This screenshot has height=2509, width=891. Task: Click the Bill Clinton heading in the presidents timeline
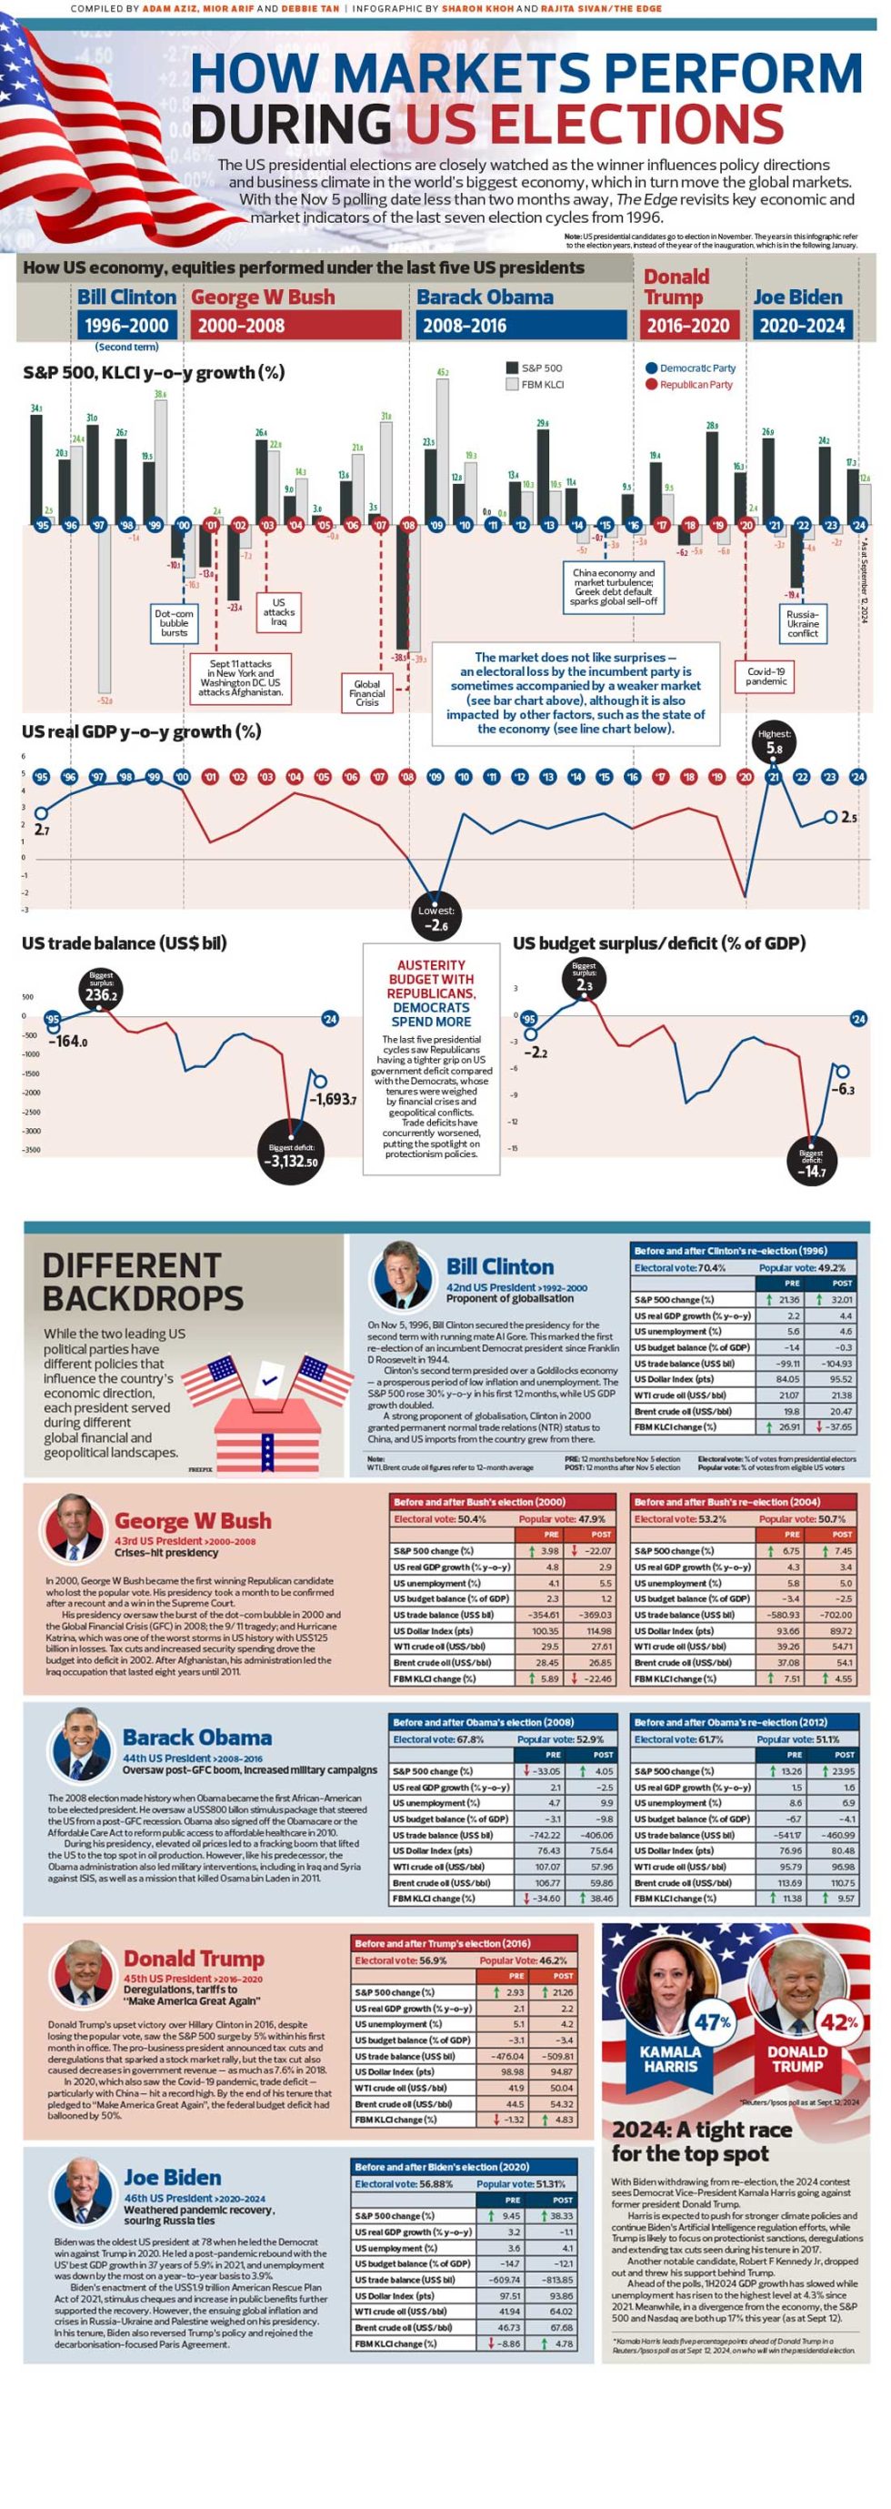click(x=126, y=297)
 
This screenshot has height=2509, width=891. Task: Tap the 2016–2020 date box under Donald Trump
click(x=687, y=326)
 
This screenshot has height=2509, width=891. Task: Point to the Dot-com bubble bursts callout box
click(x=175, y=622)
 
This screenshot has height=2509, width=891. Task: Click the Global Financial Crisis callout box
click(x=367, y=692)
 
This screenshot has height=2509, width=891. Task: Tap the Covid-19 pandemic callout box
click(x=766, y=676)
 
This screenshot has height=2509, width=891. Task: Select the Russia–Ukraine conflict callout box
click(x=803, y=623)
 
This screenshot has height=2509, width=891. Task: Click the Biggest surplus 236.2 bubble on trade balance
click(x=101, y=989)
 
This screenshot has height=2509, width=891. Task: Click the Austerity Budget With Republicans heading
click(x=431, y=993)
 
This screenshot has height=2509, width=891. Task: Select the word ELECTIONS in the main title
click(x=593, y=125)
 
